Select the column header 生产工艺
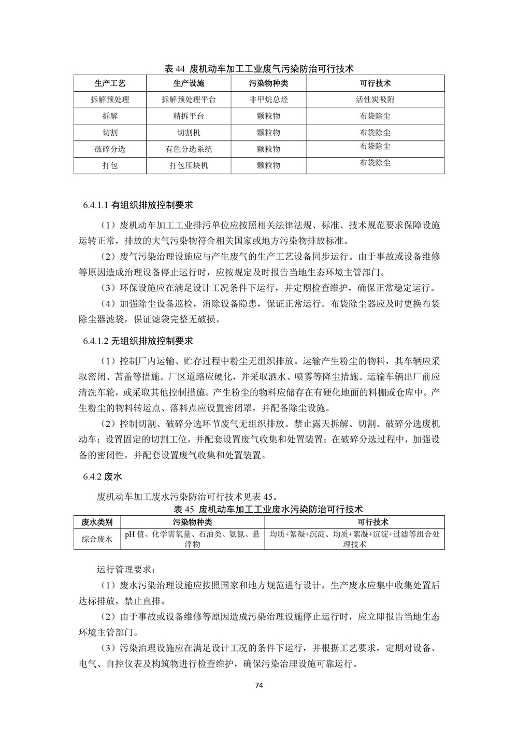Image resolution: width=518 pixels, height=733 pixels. point(110,83)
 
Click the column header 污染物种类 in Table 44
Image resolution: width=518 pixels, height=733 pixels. point(268,83)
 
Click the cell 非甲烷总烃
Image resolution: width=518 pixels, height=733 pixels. point(268,100)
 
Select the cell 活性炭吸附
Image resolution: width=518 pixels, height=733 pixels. point(375,100)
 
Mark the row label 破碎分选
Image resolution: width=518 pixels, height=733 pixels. point(110,149)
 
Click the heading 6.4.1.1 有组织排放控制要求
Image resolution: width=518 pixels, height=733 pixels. point(138,205)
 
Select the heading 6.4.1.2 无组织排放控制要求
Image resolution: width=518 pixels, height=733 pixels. point(138,341)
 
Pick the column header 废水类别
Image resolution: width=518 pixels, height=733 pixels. point(97,522)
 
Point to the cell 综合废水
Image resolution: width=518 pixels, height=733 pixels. point(97,539)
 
